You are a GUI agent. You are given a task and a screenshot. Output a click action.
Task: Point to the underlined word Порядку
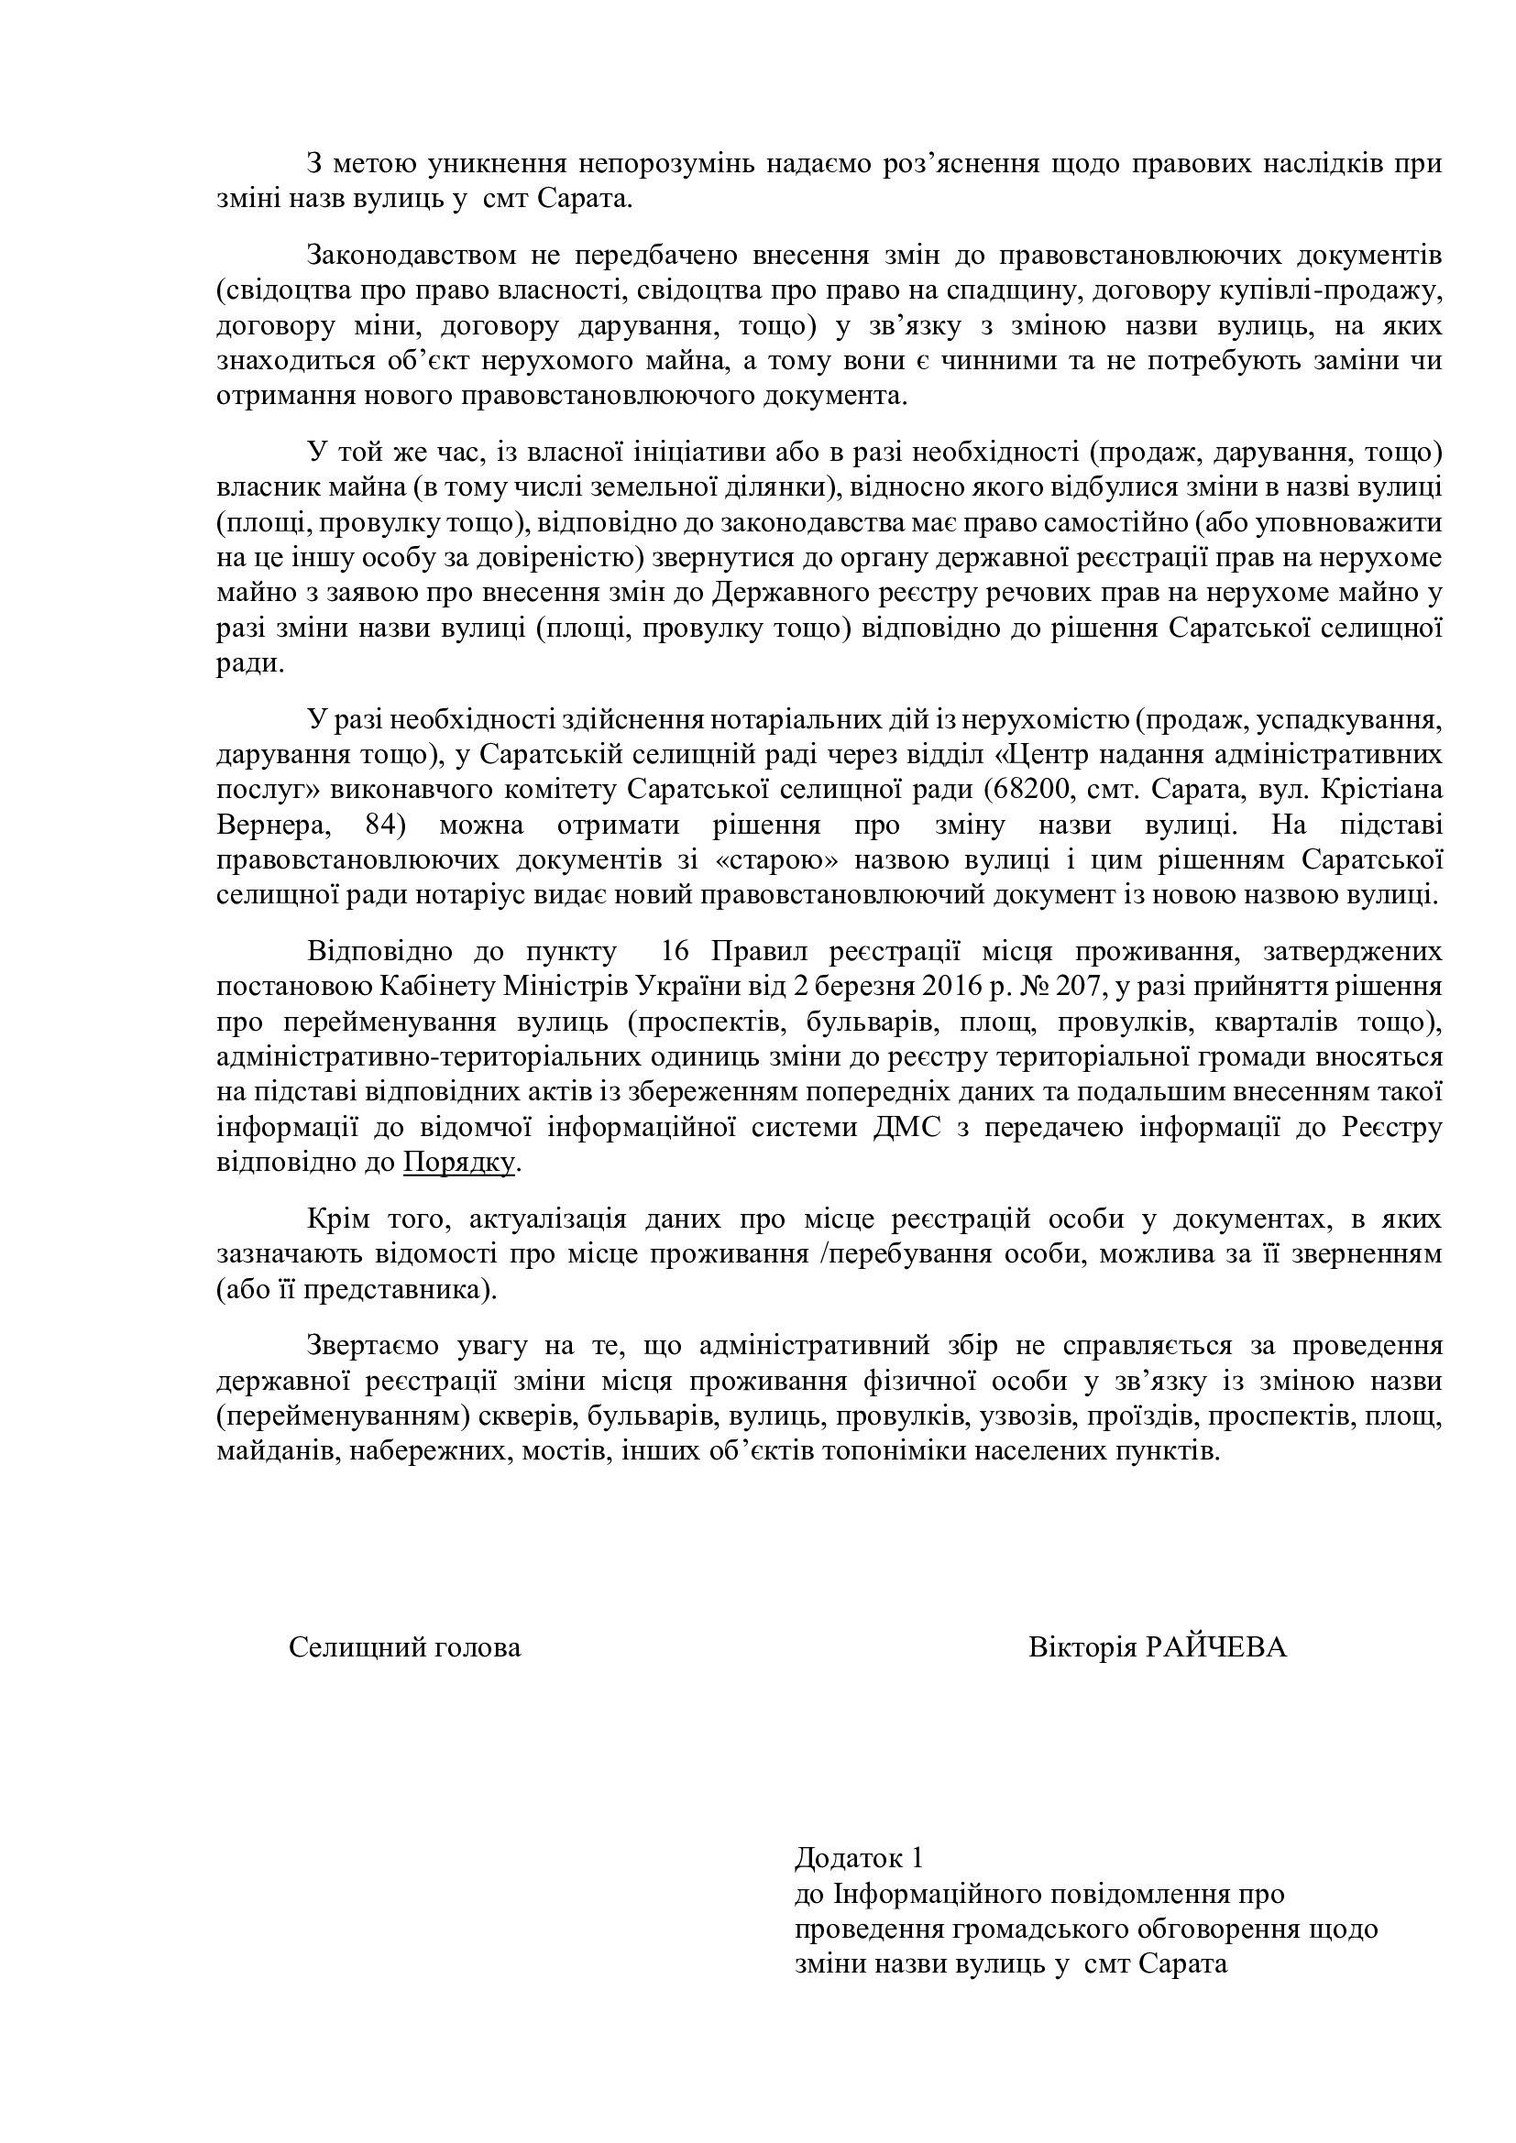point(459,1163)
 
